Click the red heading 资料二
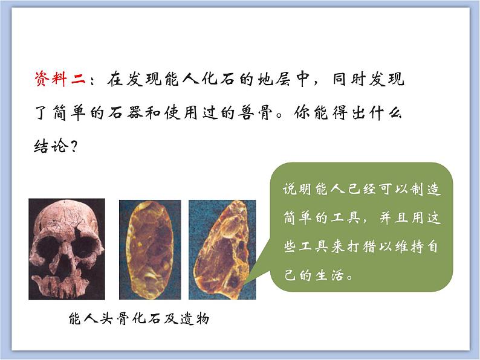[x=60, y=79]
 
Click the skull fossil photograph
[x=66, y=249]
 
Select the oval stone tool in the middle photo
[x=150, y=249]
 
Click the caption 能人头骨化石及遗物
[x=139, y=319]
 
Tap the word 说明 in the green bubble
[x=297, y=188]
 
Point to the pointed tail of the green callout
[x=247, y=281]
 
